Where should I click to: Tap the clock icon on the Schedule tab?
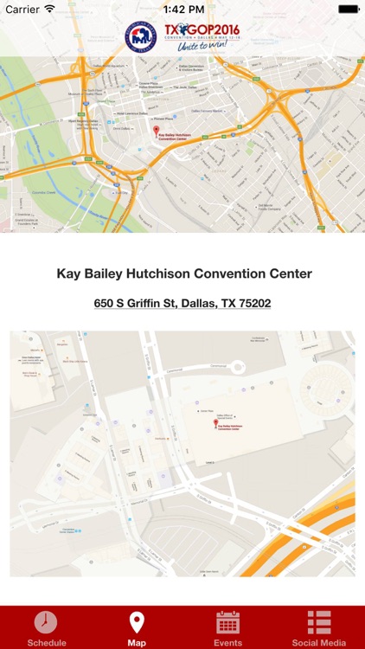[46, 622]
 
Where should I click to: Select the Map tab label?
[137, 643]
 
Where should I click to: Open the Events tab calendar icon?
[227, 622]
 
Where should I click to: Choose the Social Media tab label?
[319, 643]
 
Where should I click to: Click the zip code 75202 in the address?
[251, 304]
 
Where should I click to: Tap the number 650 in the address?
[106, 304]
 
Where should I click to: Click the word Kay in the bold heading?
[68, 273]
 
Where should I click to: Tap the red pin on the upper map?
[157, 131]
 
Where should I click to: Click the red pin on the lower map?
[215, 423]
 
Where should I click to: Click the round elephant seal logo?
[141, 36]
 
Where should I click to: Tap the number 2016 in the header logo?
[221, 29]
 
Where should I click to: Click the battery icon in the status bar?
[348, 9]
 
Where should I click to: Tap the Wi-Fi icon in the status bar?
[50, 9]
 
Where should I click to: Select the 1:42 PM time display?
[182, 9]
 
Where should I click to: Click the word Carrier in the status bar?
[22, 9]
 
